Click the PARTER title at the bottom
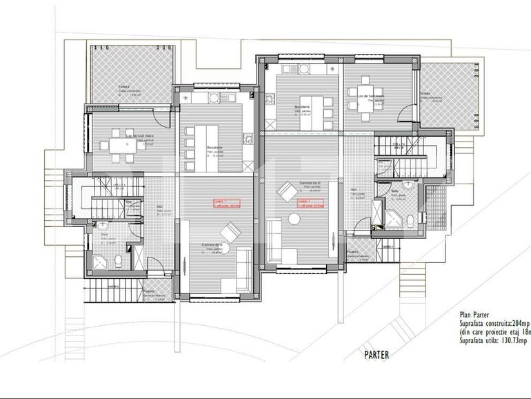(x=376, y=355)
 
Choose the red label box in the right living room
(x=311, y=203)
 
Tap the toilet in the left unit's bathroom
(x=118, y=260)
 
